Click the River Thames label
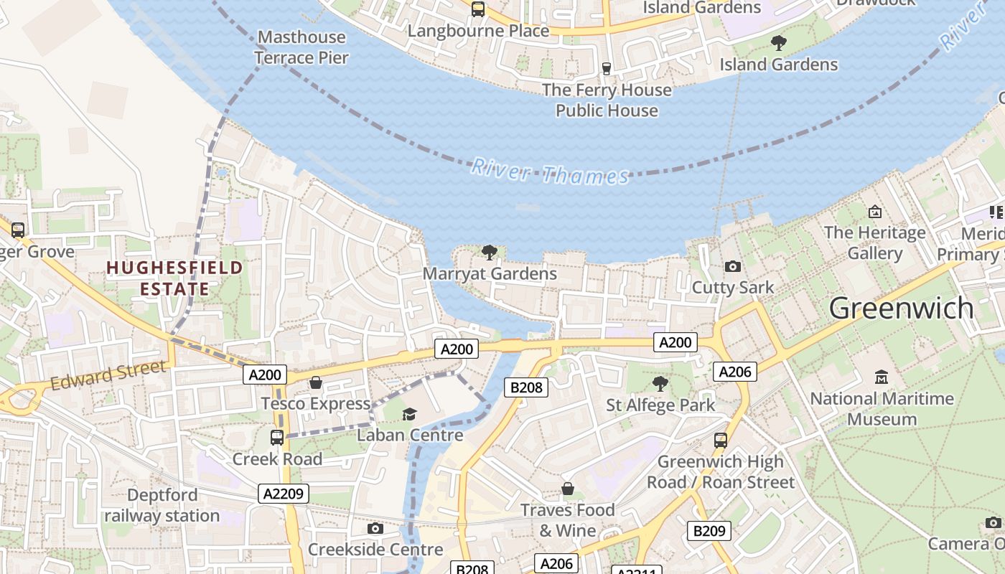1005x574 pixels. [x=549, y=173]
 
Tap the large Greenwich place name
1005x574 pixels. [x=901, y=309]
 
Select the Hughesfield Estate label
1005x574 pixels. [x=174, y=278]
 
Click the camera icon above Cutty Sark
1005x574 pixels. [x=732, y=266]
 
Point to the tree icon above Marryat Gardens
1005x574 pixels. [x=490, y=252]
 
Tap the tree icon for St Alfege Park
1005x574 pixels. [x=660, y=384]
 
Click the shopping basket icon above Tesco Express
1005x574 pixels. [x=315, y=382]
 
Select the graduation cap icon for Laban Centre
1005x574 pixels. [x=409, y=414]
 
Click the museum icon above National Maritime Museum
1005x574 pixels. [x=882, y=377]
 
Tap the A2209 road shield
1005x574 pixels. [x=284, y=493]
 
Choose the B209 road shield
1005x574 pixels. [x=709, y=531]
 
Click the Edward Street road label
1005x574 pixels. [x=108, y=376]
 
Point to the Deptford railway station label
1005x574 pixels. [x=162, y=505]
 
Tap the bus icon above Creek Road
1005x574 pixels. [x=276, y=437]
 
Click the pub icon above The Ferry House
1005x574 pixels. [x=607, y=68]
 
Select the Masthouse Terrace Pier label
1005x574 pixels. [x=301, y=47]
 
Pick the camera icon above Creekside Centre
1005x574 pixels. [x=375, y=529]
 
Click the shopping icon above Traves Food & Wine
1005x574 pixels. [x=568, y=489]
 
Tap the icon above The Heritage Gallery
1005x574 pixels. [x=874, y=212]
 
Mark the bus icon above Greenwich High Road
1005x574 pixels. [x=721, y=441]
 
